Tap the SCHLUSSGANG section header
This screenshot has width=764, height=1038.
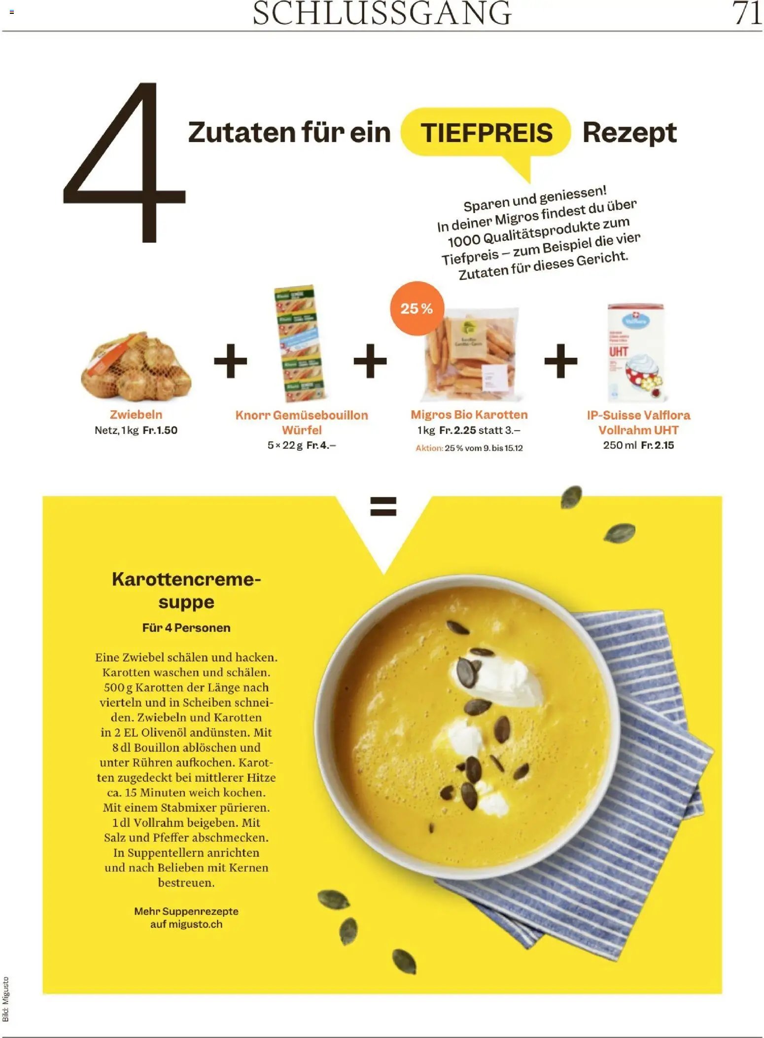pyautogui.click(x=382, y=13)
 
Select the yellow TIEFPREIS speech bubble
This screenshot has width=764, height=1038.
pyautogui.click(x=486, y=133)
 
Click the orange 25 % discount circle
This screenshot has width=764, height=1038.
pyautogui.click(x=417, y=309)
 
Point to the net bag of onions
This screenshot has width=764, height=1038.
pyautogui.click(x=136, y=367)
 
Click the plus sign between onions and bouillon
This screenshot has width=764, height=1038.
pyautogui.click(x=230, y=361)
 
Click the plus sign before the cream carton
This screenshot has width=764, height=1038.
pyautogui.click(x=560, y=361)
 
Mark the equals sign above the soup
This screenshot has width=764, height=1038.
pyautogui.click(x=383, y=506)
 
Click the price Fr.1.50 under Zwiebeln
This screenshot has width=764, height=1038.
pyautogui.click(x=160, y=430)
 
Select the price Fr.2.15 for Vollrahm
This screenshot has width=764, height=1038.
pyautogui.click(x=658, y=445)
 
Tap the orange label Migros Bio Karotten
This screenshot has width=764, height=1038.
pyautogui.click(x=469, y=415)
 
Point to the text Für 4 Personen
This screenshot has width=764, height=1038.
pyautogui.click(x=186, y=628)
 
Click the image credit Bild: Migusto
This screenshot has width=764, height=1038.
pyautogui.click(x=6, y=999)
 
